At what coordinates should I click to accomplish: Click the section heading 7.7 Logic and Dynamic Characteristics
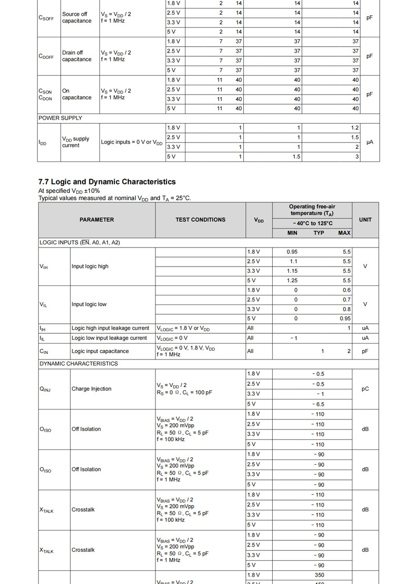click(x=107, y=182)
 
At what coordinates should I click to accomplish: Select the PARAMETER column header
click(x=97, y=220)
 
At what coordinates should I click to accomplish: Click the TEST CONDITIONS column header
click(x=200, y=220)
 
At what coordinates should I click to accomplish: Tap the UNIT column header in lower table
click(x=365, y=220)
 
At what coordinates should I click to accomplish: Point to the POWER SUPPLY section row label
click(x=60, y=118)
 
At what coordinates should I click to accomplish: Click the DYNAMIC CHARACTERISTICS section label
click(x=79, y=364)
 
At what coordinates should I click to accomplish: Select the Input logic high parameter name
click(x=90, y=267)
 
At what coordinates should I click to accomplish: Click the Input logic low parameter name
click(x=89, y=304)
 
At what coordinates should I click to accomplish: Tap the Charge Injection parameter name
click(x=91, y=389)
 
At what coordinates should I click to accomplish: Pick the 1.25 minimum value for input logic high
click(x=292, y=281)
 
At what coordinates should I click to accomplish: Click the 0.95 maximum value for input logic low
click(x=345, y=319)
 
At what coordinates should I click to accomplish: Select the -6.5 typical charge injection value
click(x=318, y=404)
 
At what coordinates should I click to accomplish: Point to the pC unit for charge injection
click(x=365, y=389)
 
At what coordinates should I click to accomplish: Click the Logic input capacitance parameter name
click(x=100, y=351)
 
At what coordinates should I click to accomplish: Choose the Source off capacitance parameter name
click(x=77, y=17)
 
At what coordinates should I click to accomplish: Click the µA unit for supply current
click(x=370, y=142)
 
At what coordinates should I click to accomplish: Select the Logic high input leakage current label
click(x=110, y=329)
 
